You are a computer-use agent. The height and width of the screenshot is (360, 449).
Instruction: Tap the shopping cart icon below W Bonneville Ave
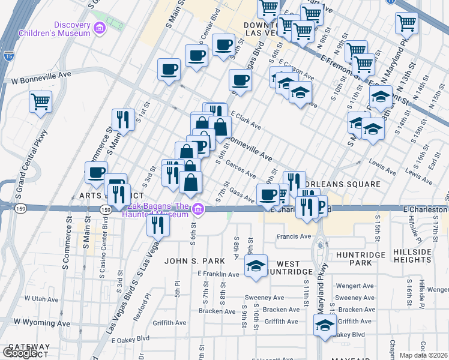(40, 101)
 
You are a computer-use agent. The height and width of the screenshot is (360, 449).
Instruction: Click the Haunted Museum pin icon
(198, 209)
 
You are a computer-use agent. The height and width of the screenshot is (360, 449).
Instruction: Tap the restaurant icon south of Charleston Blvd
(158, 224)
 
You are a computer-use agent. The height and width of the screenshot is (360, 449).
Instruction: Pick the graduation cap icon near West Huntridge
(256, 267)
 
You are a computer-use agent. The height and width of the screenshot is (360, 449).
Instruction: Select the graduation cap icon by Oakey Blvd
(325, 326)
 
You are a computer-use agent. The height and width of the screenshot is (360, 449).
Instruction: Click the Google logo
(20, 353)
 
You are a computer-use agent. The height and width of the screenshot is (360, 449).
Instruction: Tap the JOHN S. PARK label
(194, 261)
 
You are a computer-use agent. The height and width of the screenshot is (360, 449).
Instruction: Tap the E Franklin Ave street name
(218, 274)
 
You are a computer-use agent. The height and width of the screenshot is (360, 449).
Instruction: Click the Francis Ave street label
(294, 236)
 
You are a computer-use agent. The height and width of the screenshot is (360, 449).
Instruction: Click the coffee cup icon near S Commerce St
(96, 173)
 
